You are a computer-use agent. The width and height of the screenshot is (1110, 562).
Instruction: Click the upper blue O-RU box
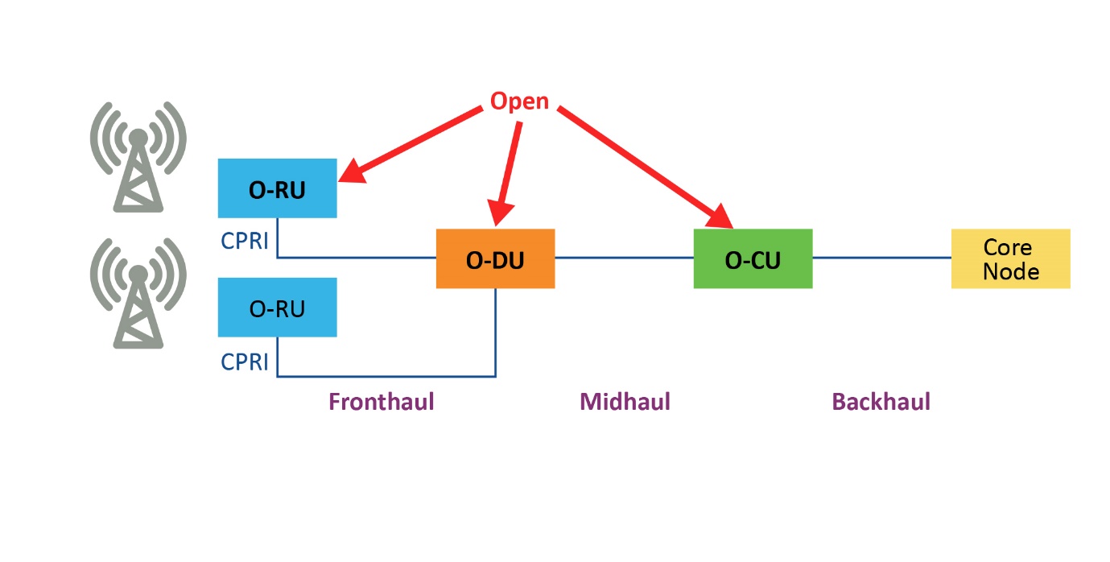pos(277,188)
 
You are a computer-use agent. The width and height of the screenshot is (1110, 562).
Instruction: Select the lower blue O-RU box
pos(277,308)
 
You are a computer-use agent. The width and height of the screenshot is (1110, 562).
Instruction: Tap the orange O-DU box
pos(495,258)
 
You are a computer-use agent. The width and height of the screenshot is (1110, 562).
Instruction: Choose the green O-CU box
pos(753,258)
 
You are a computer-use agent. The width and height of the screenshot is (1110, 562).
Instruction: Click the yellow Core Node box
pos(1010,258)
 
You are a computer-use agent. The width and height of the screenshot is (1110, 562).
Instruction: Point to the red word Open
pos(519,101)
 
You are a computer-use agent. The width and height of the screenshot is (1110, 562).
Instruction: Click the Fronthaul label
pos(381,401)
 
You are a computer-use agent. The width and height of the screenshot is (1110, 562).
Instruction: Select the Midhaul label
pos(625,401)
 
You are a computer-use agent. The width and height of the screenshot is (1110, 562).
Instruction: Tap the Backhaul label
pos(881,401)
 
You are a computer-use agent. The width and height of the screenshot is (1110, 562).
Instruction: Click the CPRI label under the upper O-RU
pos(245,241)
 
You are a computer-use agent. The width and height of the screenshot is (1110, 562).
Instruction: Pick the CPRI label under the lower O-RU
pos(245,362)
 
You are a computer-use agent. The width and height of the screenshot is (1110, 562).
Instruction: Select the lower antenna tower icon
pos(138,292)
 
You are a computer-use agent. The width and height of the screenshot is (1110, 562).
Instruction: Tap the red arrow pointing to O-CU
pos(644,165)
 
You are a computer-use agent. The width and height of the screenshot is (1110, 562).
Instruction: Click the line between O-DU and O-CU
pos(624,258)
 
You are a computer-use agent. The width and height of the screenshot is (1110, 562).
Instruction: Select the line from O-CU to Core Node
pos(881,258)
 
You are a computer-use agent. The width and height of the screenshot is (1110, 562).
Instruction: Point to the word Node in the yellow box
pos(1010,271)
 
